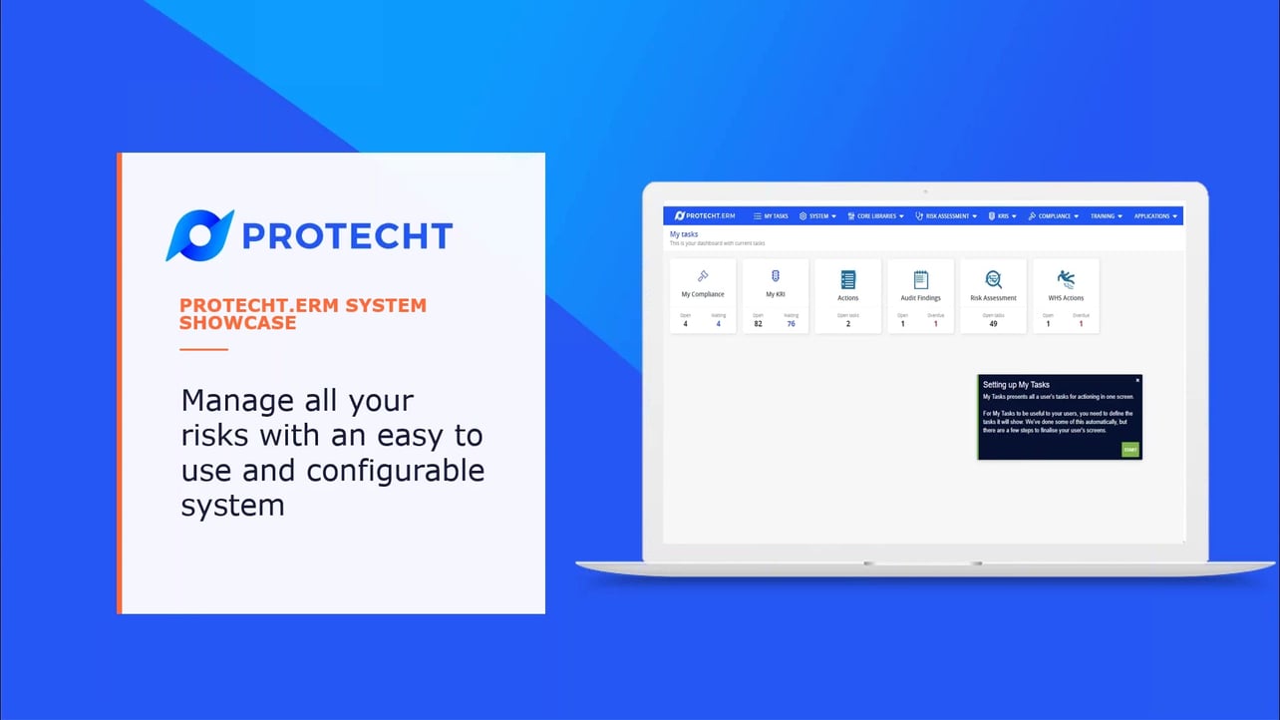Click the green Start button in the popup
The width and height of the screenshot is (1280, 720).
pos(1129,450)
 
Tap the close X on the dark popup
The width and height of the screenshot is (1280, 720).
pos(1137,380)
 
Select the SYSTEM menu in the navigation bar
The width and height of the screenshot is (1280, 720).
pos(817,215)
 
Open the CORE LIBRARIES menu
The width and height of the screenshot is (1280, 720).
pos(875,215)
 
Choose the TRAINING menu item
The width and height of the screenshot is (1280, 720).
pos(1106,215)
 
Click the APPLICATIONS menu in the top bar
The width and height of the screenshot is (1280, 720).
pos(1155,215)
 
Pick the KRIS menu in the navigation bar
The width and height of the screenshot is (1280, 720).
pos(1002,215)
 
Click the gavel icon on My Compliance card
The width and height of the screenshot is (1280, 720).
pos(703,276)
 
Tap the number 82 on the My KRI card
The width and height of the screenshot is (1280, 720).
pos(758,324)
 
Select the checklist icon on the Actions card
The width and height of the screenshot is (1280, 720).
pos(848,279)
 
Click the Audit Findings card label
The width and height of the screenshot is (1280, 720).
pos(920,297)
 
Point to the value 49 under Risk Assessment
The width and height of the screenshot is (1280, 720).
pos(993,324)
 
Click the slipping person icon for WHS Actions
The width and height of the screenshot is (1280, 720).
pos(1066,278)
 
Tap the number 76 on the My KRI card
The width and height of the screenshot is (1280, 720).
pos(791,324)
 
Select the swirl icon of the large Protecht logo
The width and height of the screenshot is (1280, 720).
pos(199,235)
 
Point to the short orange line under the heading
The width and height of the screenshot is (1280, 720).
pos(203,350)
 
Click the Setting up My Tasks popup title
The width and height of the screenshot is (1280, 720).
pos(1016,385)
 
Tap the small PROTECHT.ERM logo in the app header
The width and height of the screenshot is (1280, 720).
pos(705,215)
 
